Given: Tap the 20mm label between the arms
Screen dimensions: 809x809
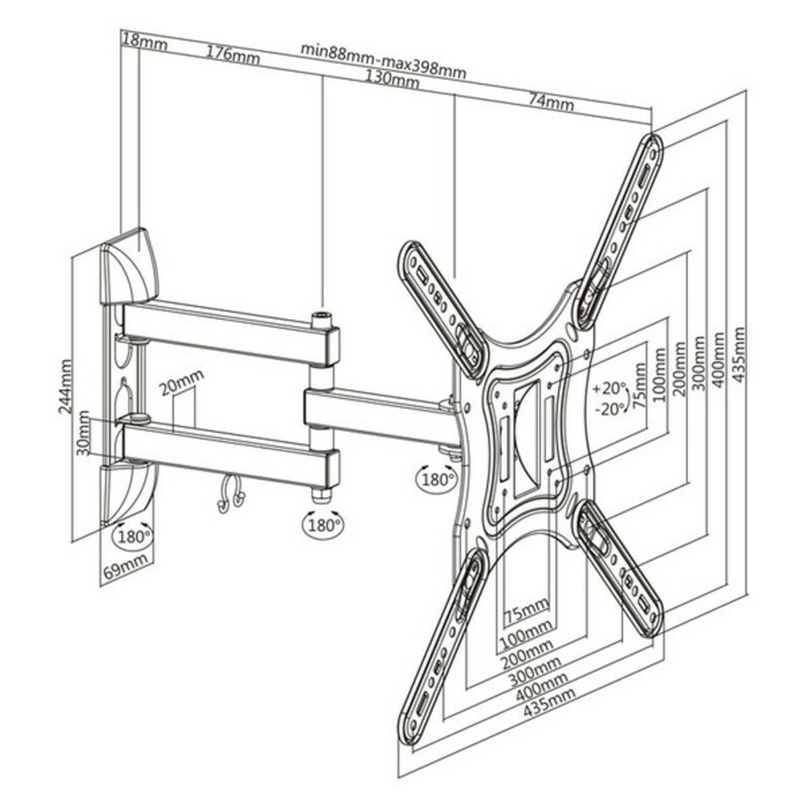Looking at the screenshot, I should (181, 388).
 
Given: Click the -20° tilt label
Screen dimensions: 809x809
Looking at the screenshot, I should (609, 409).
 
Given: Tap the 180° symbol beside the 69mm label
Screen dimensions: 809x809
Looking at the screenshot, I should (133, 537).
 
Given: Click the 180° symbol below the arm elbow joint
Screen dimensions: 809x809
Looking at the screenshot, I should (322, 522).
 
